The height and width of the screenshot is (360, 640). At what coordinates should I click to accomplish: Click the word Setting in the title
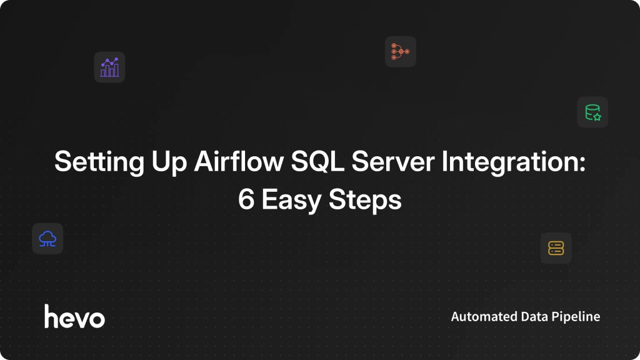point(99,162)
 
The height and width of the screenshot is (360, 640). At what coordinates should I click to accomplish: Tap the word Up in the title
point(169,162)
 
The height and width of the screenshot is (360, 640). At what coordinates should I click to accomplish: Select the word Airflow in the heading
point(239,161)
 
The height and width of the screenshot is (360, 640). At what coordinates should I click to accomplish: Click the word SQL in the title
point(317,161)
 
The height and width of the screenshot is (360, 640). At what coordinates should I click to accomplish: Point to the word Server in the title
point(392,161)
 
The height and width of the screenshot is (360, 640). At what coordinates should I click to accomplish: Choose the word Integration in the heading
point(510,162)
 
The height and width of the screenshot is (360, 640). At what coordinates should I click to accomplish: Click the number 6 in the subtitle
point(246,199)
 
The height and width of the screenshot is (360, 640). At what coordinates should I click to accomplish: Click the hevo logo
point(75,316)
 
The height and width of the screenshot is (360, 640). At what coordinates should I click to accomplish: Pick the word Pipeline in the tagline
point(576,317)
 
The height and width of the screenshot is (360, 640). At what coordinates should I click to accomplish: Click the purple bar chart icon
point(109,67)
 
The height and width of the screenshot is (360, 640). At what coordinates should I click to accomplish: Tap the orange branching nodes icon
point(401,51)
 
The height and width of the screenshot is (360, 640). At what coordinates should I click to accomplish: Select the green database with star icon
point(592,112)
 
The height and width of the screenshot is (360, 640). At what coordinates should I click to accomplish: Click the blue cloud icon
point(47,239)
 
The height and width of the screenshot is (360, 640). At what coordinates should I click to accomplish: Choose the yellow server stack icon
point(556,248)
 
